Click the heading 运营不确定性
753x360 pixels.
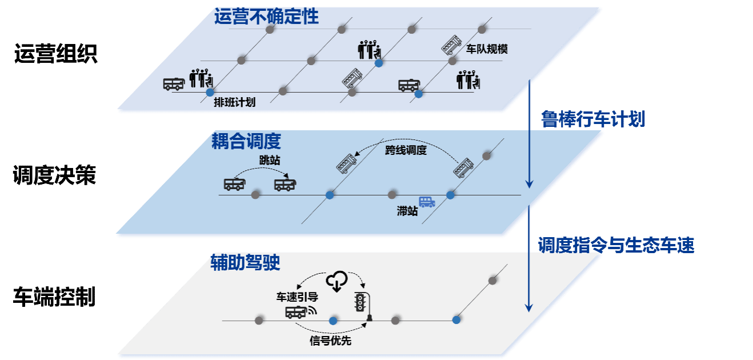click(x=266, y=17)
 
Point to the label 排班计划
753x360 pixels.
click(x=234, y=102)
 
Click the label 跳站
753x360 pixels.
click(x=270, y=161)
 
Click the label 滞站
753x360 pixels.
click(x=407, y=211)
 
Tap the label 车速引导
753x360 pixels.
click(x=297, y=297)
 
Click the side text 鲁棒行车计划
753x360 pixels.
click(x=593, y=119)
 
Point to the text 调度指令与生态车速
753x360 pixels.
click(x=616, y=246)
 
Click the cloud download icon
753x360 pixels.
click(x=337, y=281)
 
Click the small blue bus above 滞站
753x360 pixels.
click(x=427, y=202)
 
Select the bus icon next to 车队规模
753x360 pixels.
click(x=451, y=44)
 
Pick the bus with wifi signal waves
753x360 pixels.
click(x=297, y=312)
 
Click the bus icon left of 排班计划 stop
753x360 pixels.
click(x=173, y=84)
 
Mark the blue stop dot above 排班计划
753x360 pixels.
click(x=210, y=91)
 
